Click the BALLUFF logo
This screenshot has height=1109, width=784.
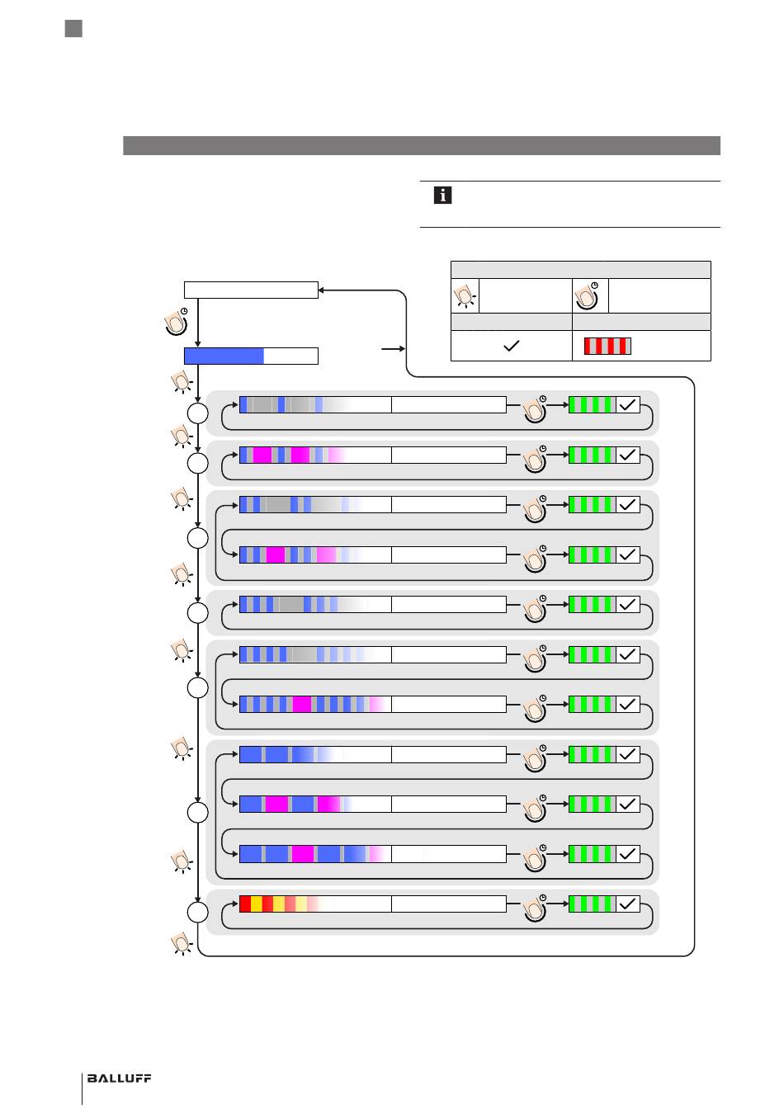119,1078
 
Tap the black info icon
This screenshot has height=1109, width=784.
442,195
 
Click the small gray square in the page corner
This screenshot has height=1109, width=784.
73,28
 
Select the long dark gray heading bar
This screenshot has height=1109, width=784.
422,145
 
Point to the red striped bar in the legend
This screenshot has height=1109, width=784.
607,346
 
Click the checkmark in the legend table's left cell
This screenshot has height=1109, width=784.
511,346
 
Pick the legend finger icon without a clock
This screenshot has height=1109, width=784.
465,296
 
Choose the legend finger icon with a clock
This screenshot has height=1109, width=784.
588,295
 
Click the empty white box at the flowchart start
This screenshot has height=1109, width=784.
251,290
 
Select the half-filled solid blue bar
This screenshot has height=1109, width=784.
251,356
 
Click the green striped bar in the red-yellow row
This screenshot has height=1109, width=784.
593,904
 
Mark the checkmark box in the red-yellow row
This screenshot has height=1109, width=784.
628,904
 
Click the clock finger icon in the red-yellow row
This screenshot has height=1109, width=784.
536,908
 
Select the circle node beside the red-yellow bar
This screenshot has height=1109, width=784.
197,912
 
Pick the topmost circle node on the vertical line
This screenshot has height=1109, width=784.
197,413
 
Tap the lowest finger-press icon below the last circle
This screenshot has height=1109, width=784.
182,943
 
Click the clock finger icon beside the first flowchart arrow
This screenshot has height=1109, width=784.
177,321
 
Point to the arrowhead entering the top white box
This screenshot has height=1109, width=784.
321,290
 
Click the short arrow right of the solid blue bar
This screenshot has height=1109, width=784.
394,348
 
